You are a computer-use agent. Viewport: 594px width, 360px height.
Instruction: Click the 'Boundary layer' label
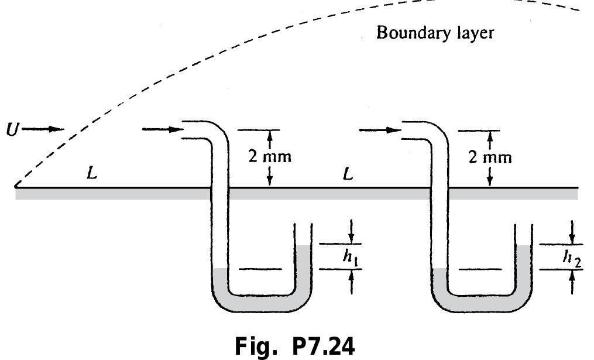pyautogui.click(x=434, y=32)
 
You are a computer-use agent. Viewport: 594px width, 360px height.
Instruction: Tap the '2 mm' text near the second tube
pyautogui.click(x=490, y=157)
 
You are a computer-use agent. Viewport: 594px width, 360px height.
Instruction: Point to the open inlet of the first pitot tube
pyautogui.click(x=184, y=130)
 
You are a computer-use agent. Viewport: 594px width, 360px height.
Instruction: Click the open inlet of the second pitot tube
pyautogui.click(x=402, y=130)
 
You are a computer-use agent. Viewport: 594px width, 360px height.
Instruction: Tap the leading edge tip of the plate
pyautogui.click(x=16, y=187)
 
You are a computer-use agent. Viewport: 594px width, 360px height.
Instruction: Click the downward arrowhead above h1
pyautogui.click(x=351, y=238)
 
